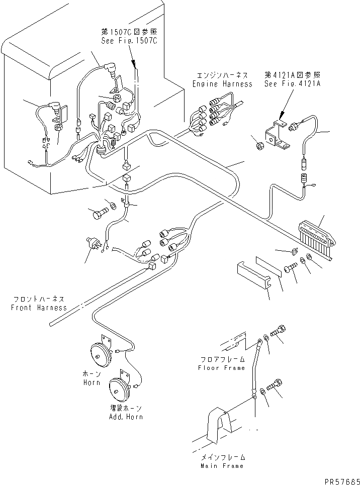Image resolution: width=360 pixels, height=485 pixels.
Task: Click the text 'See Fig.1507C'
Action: coord(129,42)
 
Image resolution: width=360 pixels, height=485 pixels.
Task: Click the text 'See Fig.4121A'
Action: coord(292,84)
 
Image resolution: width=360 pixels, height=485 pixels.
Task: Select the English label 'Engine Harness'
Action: coord(222,84)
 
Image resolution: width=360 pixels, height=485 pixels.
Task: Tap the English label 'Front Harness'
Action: coord(39,308)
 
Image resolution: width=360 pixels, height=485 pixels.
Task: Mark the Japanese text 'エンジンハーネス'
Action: coord(222,75)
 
